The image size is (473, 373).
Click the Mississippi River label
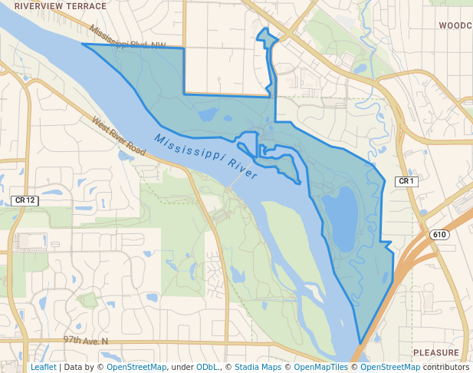click(x=205, y=157)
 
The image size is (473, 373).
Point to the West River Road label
click(x=119, y=137)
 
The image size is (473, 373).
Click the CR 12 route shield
click(x=25, y=200)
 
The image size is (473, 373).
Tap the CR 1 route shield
click(x=406, y=182)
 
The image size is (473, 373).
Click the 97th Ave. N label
click(x=86, y=340)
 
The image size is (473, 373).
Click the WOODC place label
click(x=455, y=25)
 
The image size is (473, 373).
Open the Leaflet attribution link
click(x=43, y=368)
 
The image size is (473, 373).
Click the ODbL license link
click(x=207, y=368)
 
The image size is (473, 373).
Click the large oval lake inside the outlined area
click(x=340, y=215)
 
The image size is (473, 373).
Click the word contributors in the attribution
click(x=445, y=368)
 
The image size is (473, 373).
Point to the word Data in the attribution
click(x=74, y=368)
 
